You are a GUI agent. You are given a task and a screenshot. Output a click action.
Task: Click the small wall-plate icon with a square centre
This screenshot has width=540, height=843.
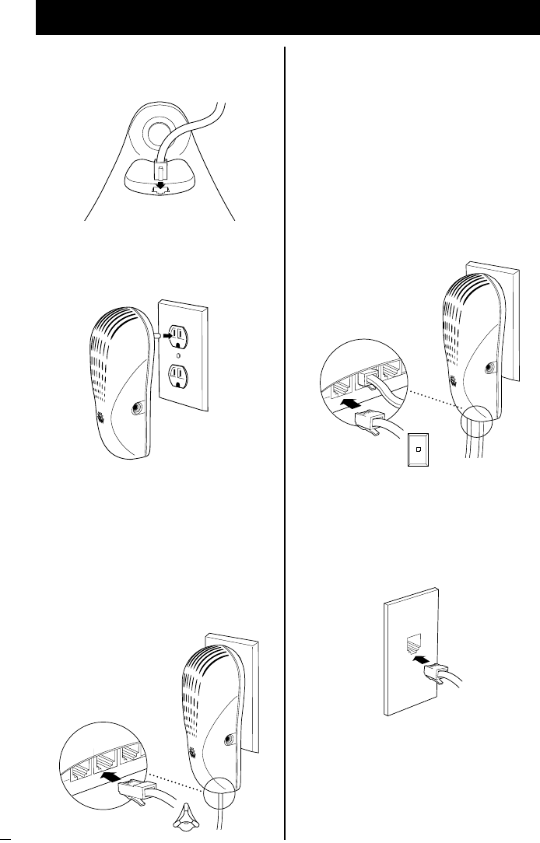[x=419, y=449]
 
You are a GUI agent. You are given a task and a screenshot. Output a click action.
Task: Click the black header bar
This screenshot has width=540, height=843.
[x=288, y=18]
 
